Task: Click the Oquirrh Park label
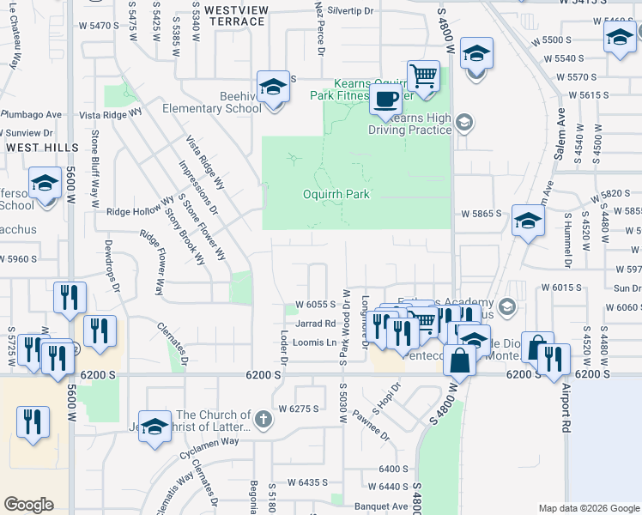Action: tap(336, 194)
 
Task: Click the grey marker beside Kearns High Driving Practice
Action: tap(464, 123)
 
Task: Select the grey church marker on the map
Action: tap(263, 421)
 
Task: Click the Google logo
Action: tap(28, 505)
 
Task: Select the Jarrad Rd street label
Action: tap(315, 324)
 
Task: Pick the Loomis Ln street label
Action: tap(315, 342)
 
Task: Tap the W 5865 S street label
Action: tap(480, 213)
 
